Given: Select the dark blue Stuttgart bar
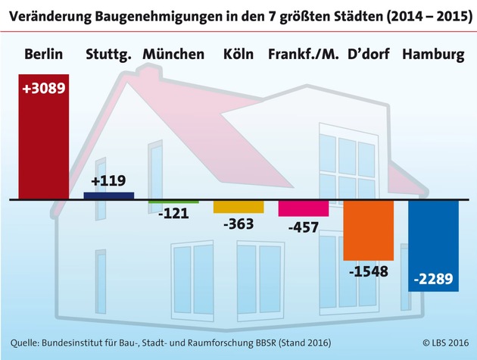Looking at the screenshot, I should click(108, 196).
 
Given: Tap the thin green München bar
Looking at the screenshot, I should click(173, 202).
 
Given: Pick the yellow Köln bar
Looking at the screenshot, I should click(238, 206).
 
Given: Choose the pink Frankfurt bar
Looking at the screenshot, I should click(303, 208).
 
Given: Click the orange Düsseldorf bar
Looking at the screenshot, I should click(368, 229).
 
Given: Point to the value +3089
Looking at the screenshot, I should click(44, 89).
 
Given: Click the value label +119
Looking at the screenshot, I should click(108, 181).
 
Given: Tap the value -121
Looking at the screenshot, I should click(173, 214).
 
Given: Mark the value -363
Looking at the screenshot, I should click(238, 224).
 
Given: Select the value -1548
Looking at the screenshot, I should click(368, 271).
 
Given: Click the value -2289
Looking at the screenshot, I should click(433, 280).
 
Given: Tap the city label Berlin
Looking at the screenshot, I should click(43, 55).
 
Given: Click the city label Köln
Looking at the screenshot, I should click(238, 55).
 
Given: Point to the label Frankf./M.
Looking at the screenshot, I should click(304, 55).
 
